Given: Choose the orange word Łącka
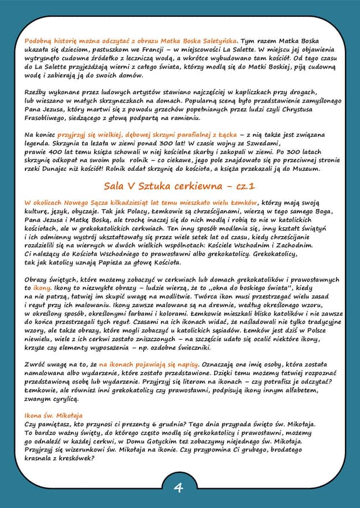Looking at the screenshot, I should pyautogui.click(x=226, y=135).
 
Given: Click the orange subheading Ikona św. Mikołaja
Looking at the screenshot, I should pyautogui.click(x=54, y=415).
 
